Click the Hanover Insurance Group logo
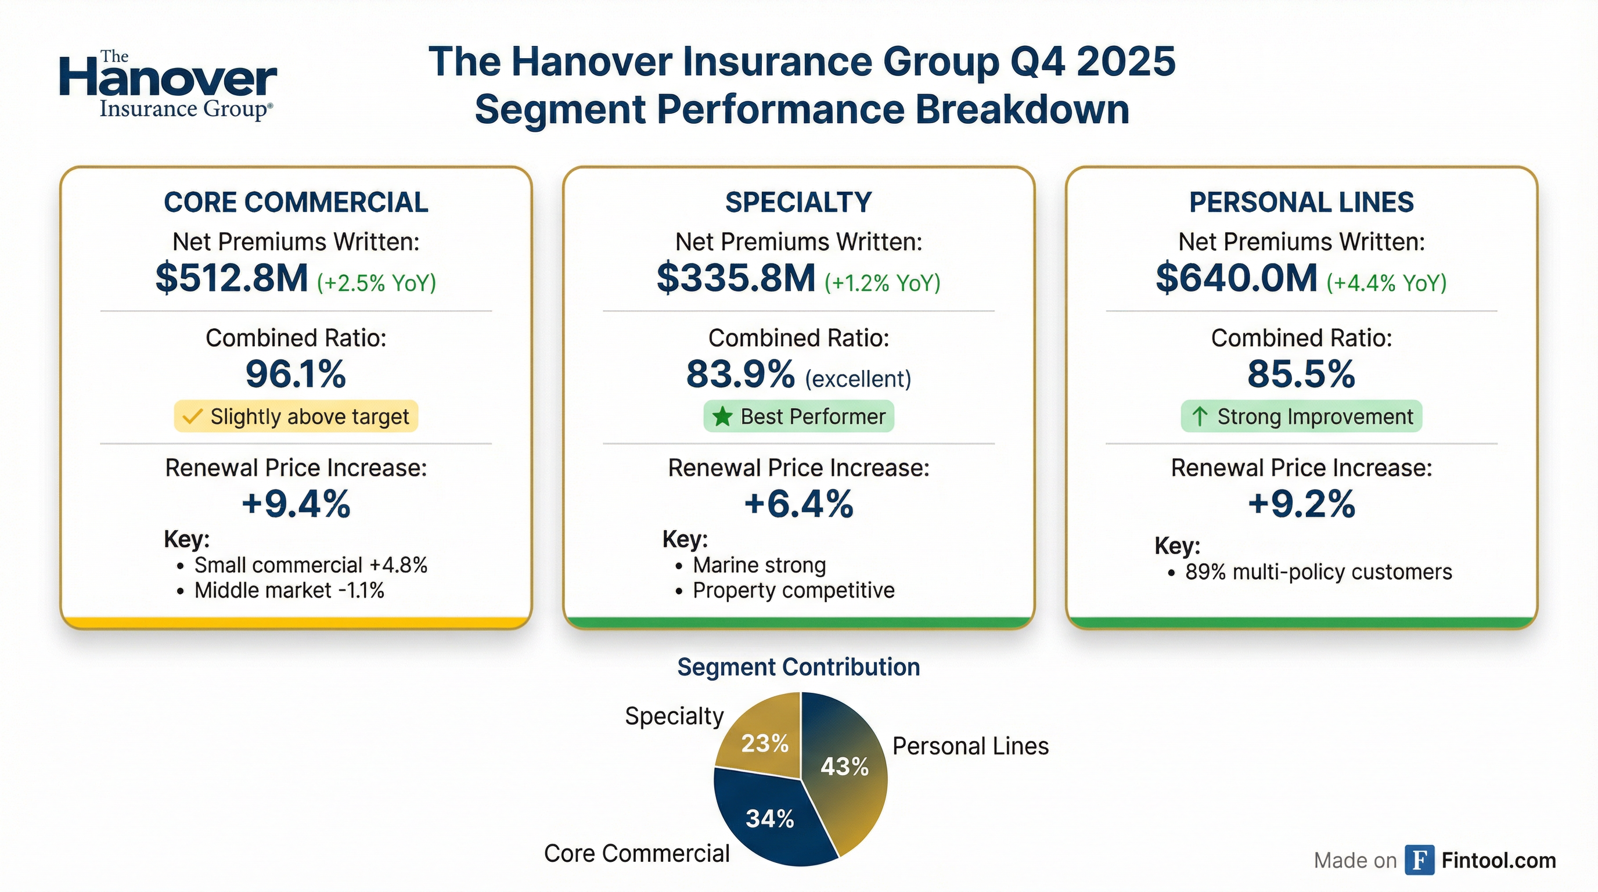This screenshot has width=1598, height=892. click(167, 85)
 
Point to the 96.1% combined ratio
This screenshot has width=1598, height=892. click(296, 374)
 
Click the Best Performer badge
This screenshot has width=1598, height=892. click(798, 416)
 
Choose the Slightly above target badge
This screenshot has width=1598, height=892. click(296, 416)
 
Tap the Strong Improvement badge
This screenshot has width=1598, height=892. click(1301, 416)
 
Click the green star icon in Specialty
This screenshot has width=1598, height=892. click(722, 416)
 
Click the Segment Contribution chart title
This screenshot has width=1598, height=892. click(798, 667)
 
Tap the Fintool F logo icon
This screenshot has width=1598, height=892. click(1419, 859)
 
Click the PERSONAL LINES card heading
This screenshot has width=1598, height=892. click(1301, 202)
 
